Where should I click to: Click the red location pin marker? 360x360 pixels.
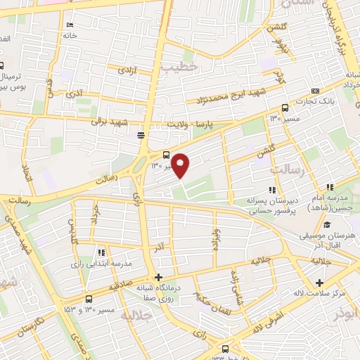tap(181, 165)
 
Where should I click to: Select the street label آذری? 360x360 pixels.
tap(74, 93)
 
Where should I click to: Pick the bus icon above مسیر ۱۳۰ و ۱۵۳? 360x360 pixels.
tap(87, 299)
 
